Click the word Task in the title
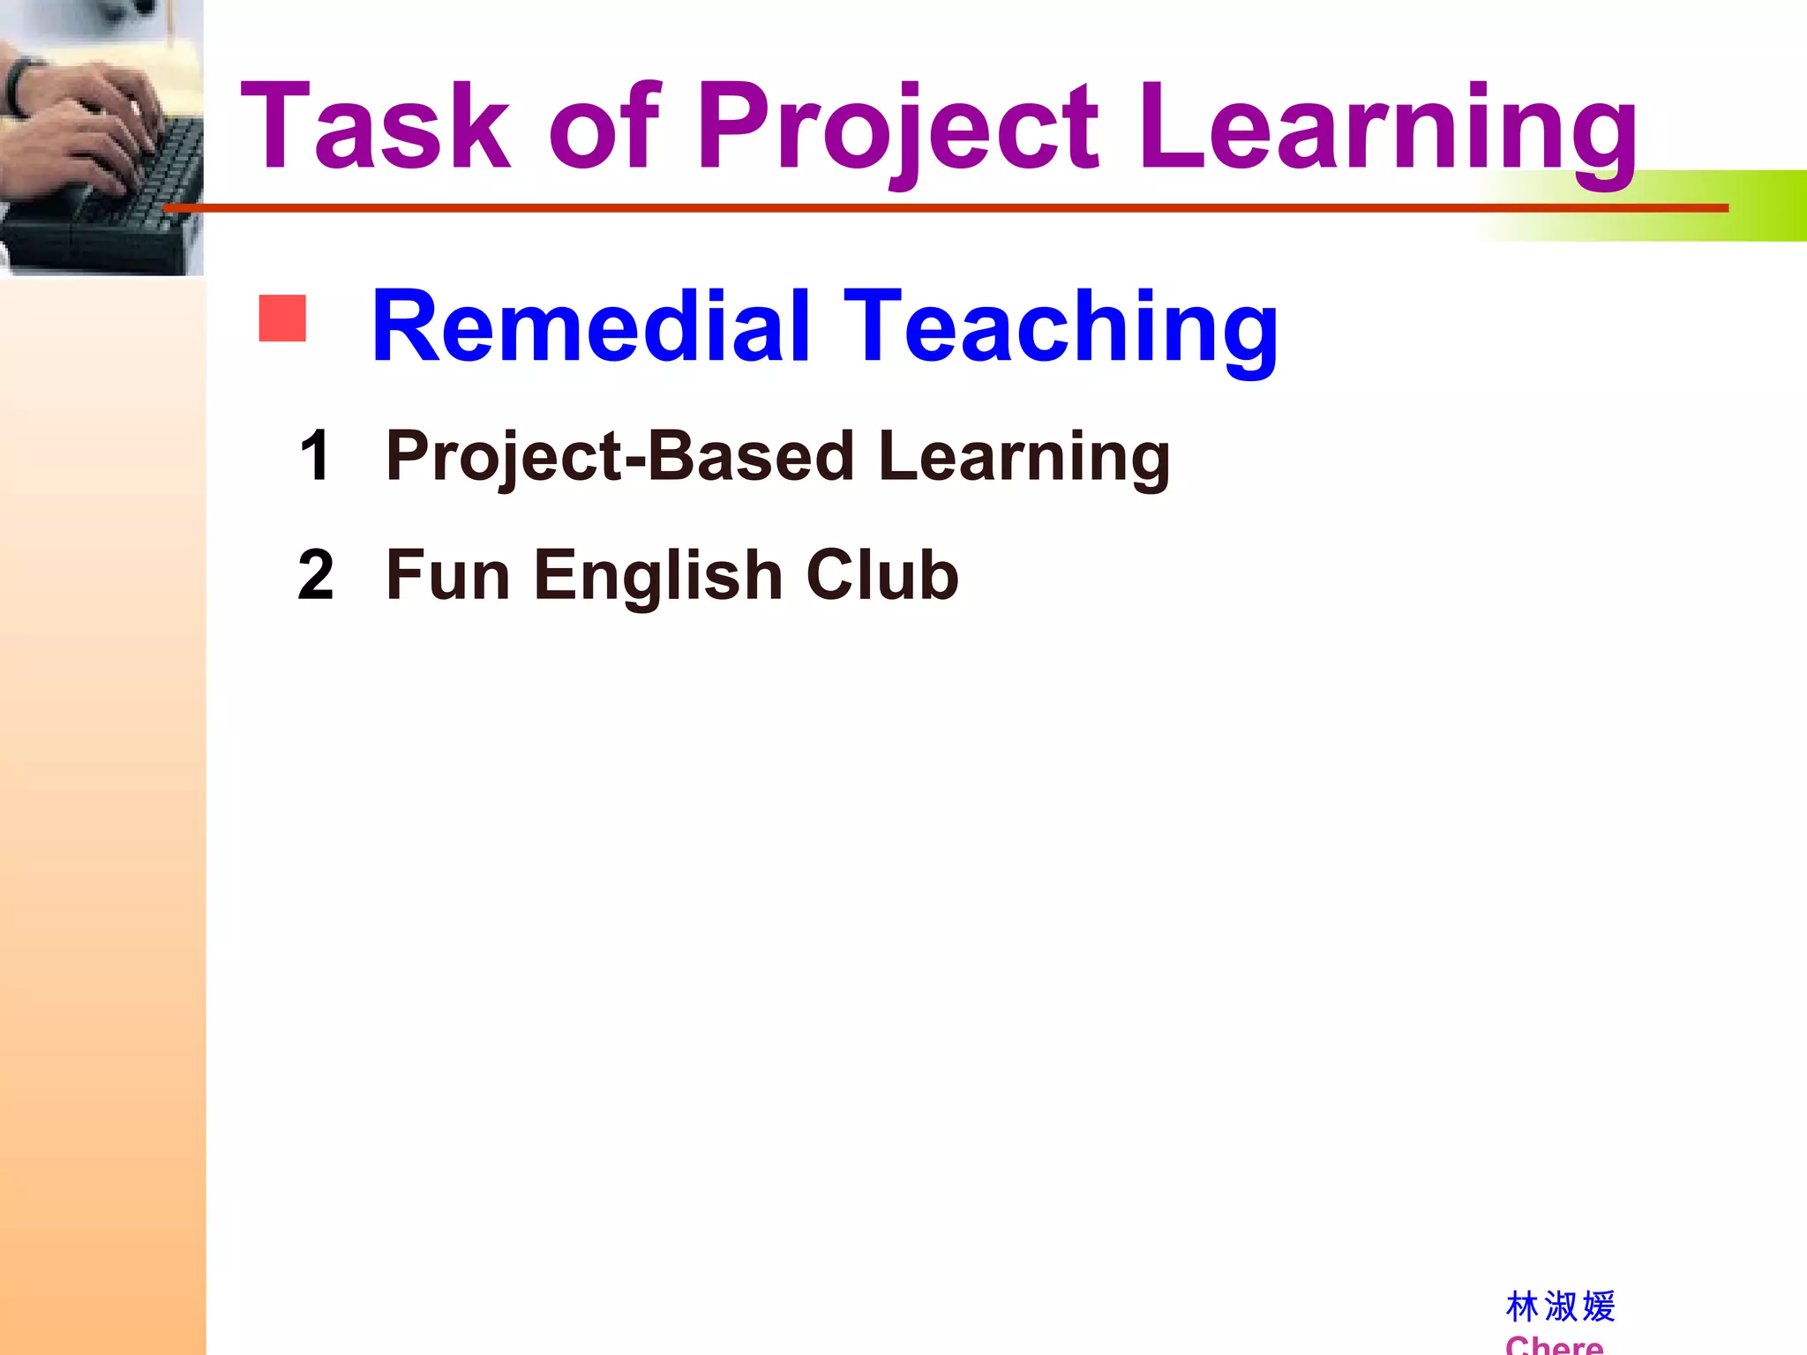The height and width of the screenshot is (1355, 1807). [375, 126]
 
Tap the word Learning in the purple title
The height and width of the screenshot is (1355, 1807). [1388, 126]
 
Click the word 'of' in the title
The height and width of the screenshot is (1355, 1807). [604, 126]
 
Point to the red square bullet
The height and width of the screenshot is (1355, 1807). [282, 318]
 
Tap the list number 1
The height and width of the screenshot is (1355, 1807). [315, 456]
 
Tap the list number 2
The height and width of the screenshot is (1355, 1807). [316, 575]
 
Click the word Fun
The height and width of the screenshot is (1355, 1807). [448, 575]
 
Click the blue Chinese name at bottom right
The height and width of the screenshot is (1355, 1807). [1560, 1306]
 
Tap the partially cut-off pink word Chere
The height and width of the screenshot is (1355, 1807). [1554, 1345]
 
